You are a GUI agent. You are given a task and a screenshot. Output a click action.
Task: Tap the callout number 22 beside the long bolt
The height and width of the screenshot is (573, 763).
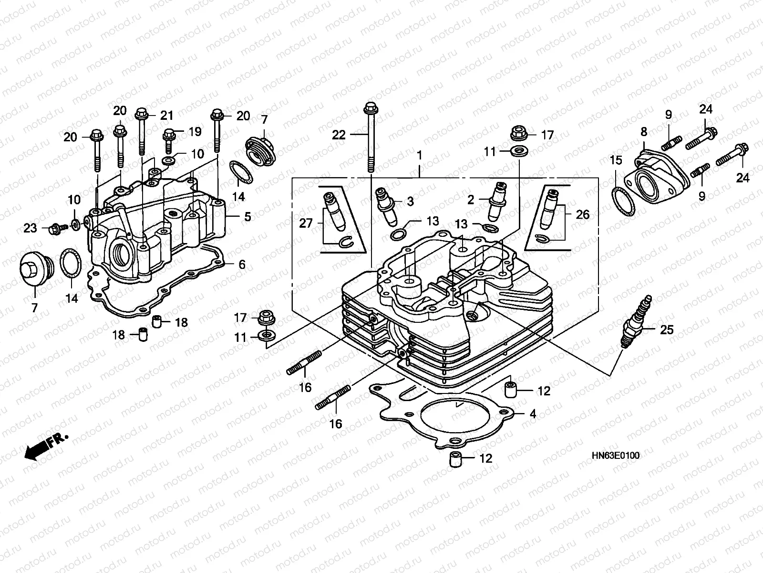(x=339, y=135)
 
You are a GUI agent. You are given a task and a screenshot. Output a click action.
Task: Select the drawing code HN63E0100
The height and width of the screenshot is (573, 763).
(x=615, y=456)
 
